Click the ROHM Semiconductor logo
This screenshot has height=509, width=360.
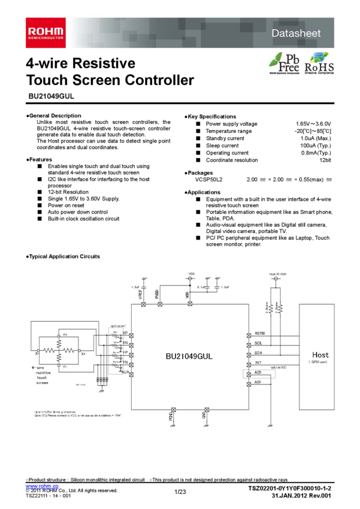tap(45, 32)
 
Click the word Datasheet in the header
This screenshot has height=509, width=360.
tap(296, 34)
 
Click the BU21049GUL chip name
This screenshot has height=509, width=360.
tap(189, 356)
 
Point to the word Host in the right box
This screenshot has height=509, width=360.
tap(320, 355)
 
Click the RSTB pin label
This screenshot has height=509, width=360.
tap(259, 333)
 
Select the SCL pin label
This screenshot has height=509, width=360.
tap(258, 343)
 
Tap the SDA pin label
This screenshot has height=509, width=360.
tap(258, 353)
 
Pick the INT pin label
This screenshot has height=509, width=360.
tap(258, 363)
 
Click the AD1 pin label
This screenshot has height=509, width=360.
tap(258, 382)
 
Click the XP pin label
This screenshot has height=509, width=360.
tap(125, 333)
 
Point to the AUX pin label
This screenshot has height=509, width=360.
tap(125, 372)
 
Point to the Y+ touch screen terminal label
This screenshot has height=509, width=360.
tap(65, 335)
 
